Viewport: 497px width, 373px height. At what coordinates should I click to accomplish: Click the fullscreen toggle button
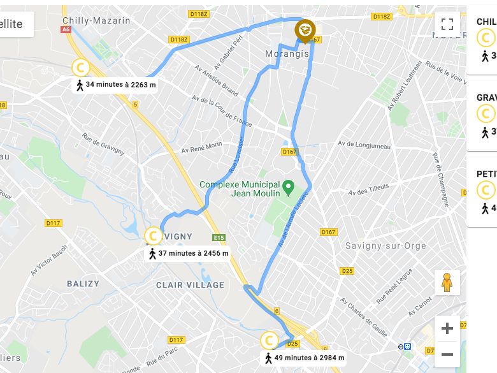click(447, 25)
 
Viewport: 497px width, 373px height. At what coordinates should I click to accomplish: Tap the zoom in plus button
click(447, 329)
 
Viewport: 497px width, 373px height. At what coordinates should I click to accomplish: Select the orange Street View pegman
click(447, 282)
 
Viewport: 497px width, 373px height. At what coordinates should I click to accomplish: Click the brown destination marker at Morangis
click(305, 31)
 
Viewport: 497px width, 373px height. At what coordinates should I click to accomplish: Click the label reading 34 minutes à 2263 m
click(116, 84)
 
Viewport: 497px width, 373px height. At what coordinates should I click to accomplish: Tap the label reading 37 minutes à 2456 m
click(189, 253)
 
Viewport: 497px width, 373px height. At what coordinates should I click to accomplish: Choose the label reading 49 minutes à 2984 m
click(305, 358)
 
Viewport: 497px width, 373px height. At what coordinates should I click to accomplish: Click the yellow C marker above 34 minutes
click(80, 67)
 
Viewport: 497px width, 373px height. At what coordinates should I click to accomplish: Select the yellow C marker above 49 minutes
click(270, 340)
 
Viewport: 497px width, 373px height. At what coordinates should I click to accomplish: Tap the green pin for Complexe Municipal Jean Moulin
click(288, 187)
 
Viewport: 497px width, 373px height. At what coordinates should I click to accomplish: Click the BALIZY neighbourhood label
click(83, 284)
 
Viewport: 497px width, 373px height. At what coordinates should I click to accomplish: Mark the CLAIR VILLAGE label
click(190, 285)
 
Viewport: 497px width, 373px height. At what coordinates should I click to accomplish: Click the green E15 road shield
click(219, 238)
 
